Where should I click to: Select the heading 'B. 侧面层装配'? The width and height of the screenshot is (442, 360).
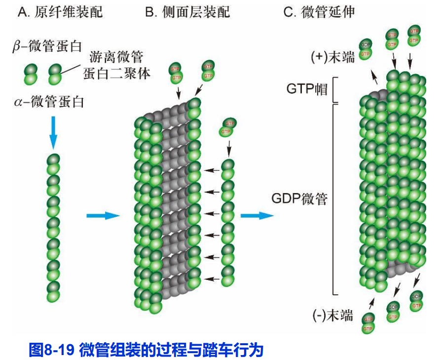click(x=187, y=12)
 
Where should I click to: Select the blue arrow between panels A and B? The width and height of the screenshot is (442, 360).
click(x=103, y=215)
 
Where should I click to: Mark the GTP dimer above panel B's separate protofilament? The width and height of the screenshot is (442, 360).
click(x=227, y=127)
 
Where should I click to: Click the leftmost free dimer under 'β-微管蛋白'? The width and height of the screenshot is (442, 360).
click(x=31, y=74)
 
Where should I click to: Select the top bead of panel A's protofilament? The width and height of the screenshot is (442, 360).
click(x=53, y=159)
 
